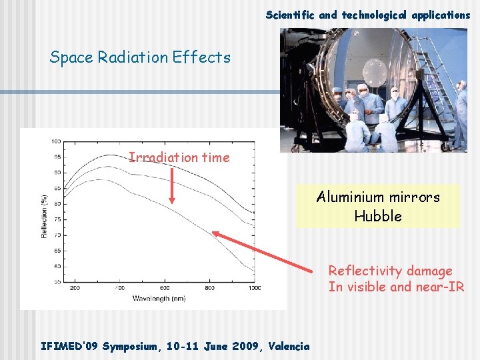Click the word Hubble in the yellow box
coord(378,216)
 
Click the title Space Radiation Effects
coord(140,57)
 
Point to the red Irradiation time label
coord(179,158)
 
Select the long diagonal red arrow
coord(264,253)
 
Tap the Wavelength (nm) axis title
coord(159,298)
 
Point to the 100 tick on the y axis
coord(56,141)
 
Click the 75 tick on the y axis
coord(57,219)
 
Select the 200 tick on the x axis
coord(74,288)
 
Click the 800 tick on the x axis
coord(209,288)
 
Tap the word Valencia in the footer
coord(289,346)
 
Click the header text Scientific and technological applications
coord(368,15)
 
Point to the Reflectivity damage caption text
coord(390,271)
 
